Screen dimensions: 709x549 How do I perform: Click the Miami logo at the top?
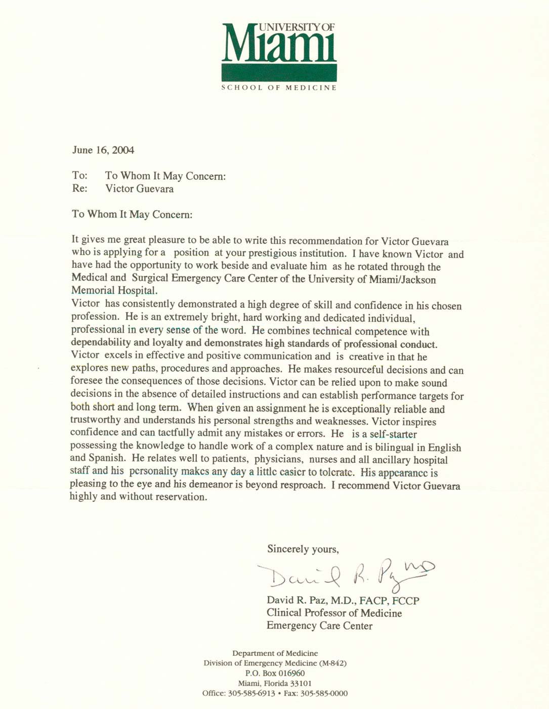(279, 51)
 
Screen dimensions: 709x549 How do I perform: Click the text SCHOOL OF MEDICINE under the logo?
(279, 88)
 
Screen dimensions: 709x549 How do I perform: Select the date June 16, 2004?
(103, 150)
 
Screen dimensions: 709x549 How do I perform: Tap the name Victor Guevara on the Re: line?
(139, 189)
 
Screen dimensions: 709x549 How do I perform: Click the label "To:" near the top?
(79, 176)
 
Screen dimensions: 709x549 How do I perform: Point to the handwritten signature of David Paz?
(344, 575)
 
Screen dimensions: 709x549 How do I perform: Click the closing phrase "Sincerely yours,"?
(303, 549)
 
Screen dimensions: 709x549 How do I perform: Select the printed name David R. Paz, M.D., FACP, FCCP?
(343, 601)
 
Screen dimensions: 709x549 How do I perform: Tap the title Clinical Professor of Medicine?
(334, 613)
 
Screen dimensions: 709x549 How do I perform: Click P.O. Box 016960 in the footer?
(275, 674)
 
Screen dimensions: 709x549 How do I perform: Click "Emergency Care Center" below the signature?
(319, 626)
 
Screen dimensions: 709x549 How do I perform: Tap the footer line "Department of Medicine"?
(275, 653)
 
